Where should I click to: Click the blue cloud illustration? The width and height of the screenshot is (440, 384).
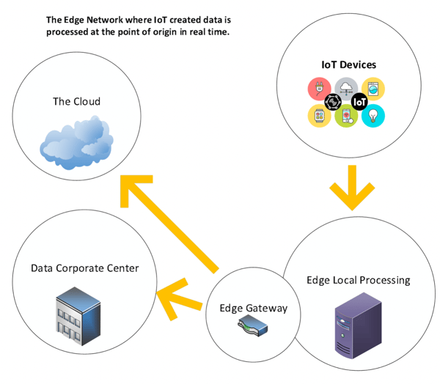(x=76, y=143)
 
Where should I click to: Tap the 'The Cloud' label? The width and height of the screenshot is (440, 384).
(x=76, y=102)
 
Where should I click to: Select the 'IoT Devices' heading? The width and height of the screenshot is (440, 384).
(x=348, y=64)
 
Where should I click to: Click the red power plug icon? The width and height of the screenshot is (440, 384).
(x=319, y=89)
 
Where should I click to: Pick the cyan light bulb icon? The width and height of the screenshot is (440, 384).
(x=373, y=116)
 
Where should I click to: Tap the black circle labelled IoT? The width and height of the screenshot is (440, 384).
(x=359, y=102)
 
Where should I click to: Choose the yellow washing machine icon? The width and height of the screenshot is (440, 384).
(x=373, y=89)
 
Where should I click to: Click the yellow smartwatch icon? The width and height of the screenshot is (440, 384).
(x=319, y=116)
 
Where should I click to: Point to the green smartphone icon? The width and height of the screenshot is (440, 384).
(x=346, y=116)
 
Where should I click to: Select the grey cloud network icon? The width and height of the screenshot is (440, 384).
(x=346, y=87)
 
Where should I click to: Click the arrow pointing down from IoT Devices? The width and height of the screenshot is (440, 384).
(x=352, y=188)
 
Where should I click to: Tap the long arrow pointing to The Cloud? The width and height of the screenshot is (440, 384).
(x=169, y=224)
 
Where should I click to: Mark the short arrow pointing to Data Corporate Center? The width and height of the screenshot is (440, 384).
(x=180, y=299)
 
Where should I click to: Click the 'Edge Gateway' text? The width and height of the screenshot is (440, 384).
(x=254, y=309)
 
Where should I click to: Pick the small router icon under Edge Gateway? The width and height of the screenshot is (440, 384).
(x=253, y=325)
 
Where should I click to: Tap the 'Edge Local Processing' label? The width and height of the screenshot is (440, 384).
(x=359, y=280)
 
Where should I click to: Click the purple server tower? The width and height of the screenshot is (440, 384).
(x=359, y=325)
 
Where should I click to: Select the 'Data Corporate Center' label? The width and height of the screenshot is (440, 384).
(x=85, y=268)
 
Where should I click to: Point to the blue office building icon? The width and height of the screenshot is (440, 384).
(x=78, y=316)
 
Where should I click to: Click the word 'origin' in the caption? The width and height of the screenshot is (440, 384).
(x=164, y=32)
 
